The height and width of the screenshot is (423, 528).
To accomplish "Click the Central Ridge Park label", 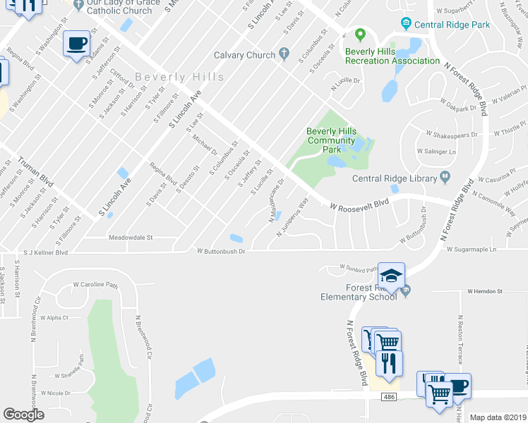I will click(452, 25).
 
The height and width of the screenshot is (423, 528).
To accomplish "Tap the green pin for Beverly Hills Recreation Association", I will click(360, 35).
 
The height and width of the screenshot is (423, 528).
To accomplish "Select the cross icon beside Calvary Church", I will click(284, 53).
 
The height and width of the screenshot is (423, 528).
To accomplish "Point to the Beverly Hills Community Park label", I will click(331, 140).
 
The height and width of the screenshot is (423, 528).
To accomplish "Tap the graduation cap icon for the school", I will click(391, 275).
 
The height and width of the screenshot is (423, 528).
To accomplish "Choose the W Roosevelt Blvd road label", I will click(359, 204).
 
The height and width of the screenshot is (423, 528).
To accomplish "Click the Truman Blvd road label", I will click(35, 170).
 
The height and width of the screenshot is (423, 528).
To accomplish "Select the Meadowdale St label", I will click(131, 238).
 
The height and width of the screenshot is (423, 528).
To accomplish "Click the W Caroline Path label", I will click(95, 286).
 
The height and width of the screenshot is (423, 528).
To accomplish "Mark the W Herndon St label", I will click(484, 291).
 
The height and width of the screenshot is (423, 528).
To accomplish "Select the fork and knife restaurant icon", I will click(388, 362).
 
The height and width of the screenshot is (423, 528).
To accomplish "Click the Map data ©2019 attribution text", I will click(498, 417).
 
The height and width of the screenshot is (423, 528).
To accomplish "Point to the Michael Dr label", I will click(205, 142).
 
